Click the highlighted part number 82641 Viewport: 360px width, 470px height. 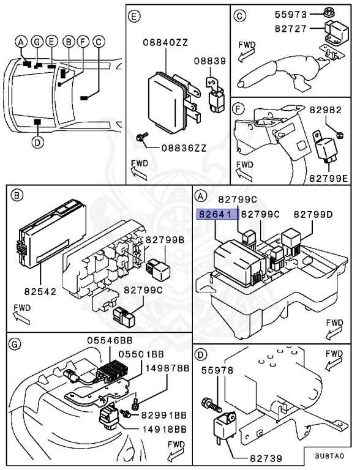click(x=214, y=214)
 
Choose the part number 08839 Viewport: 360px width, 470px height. click(x=209, y=61)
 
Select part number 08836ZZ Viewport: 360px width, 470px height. click(x=183, y=147)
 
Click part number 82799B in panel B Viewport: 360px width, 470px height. click(x=163, y=240)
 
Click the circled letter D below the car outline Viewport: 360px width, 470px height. click(x=37, y=143)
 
